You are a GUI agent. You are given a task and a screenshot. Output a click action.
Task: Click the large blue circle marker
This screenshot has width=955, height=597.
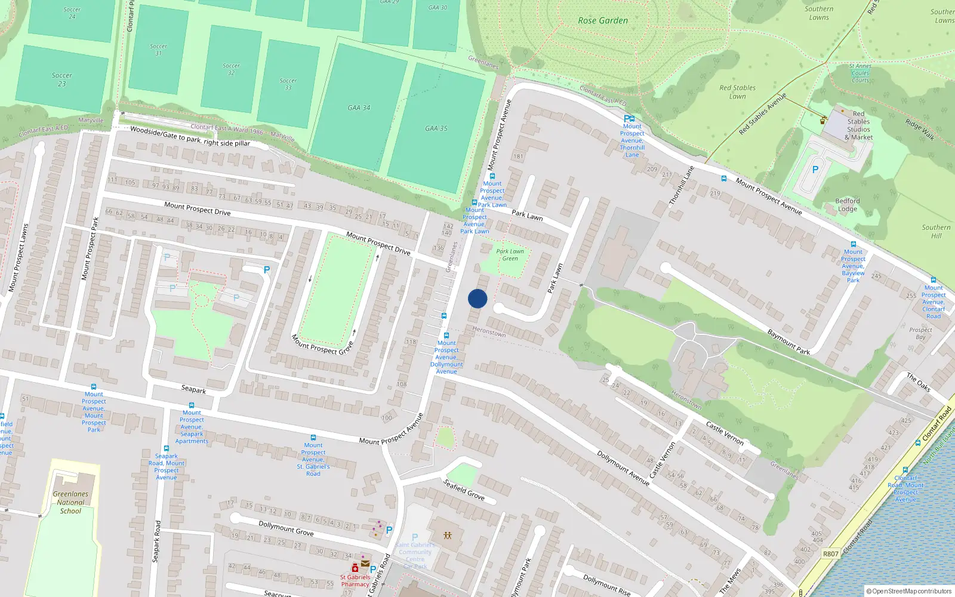[x=478, y=298]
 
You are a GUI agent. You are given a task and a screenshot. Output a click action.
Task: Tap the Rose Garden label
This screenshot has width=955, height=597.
[x=603, y=20]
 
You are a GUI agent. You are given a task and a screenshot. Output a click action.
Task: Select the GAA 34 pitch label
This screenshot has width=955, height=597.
[x=359, y=107]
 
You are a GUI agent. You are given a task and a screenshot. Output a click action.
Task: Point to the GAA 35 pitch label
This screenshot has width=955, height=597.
[x=436, y=128]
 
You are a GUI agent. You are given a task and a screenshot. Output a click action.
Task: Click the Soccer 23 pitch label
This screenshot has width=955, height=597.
[x=61, y=79]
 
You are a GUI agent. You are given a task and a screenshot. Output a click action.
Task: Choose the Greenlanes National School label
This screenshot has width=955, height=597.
[x=70, y=502]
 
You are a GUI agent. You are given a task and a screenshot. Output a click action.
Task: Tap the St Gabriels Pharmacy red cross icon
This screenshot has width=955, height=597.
[x=355, y=568]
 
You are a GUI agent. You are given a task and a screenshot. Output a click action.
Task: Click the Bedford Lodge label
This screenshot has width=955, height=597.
[x=848, y=205]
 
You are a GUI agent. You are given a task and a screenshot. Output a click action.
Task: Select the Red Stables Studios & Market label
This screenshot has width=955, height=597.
[x=858, y=125]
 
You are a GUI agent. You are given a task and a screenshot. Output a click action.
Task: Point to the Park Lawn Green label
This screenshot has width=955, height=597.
[x=510, y=255]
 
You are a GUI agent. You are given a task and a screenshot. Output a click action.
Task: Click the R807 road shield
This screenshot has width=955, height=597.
[x=831, y=553]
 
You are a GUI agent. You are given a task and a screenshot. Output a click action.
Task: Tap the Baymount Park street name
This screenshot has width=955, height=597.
[x=788, y=342]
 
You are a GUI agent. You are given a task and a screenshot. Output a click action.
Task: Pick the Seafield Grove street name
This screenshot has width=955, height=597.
[x=464, y=490]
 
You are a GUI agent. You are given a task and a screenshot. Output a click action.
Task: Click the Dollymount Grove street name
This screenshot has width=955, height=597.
[x=286, y=528]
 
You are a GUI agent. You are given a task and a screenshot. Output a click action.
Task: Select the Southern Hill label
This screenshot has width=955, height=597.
[x=936, y=231]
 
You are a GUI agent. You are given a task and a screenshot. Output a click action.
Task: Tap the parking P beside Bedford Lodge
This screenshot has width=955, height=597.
[x=815, y=170]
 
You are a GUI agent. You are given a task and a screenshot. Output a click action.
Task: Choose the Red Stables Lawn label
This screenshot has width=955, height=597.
[x=737, y=92]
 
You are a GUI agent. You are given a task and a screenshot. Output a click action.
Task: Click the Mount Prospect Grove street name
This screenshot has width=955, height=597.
[x=322, y=344]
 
